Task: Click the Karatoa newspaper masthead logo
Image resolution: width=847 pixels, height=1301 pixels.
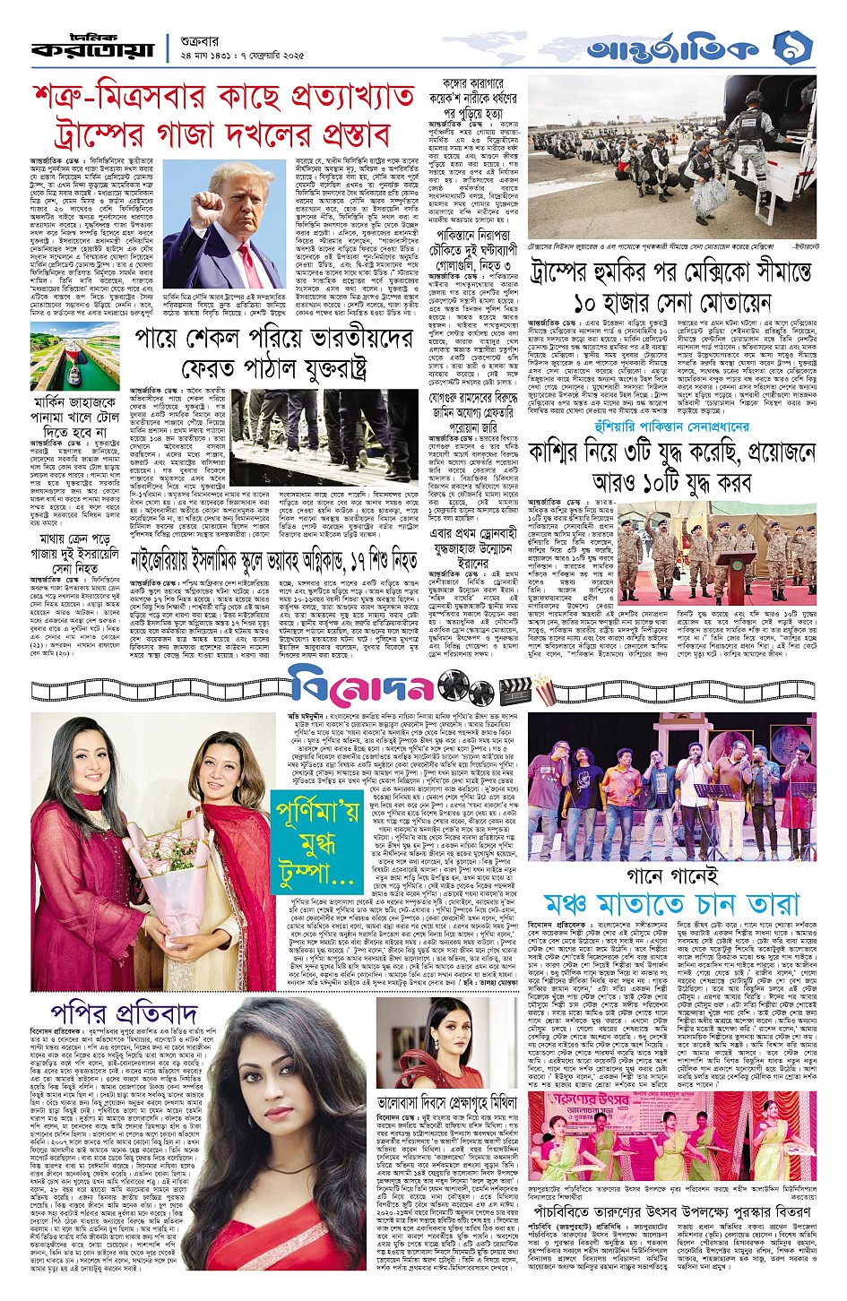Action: coord(93,47)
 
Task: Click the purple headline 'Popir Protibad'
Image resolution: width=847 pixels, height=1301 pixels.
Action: coord(124,1013)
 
